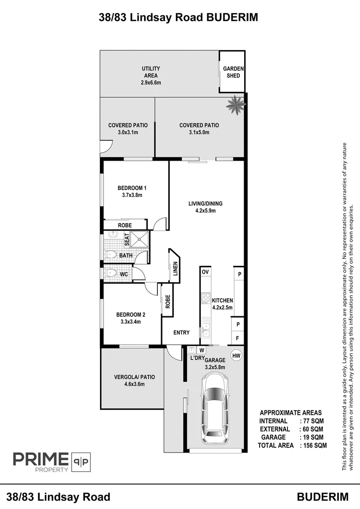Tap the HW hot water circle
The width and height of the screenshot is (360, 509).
click(x=237, y=356)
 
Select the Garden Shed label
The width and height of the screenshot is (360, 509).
click(x=233, y=72)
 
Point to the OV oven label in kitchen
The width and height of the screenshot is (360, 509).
click(x=205, y=272)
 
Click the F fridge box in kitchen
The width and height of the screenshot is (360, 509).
click(x=237, y=338)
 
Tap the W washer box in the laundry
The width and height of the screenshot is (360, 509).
click(x=202, y=350)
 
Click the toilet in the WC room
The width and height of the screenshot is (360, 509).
click(x=111, y=273)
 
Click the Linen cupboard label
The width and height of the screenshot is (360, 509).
click(x=175, y=269)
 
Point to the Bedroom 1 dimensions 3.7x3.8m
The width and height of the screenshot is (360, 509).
click(x=132, y=195)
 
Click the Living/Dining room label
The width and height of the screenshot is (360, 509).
click(x=205, y=204)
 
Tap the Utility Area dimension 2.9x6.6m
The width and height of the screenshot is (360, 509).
click(x=151, y=82)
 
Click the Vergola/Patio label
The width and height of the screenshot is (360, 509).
click(x=134, y=377)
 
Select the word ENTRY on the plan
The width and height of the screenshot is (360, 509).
click(x=181, y=332)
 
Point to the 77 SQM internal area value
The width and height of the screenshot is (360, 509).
click(x=313, y=421)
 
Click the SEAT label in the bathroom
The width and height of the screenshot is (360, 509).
click(x=127, y=239)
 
